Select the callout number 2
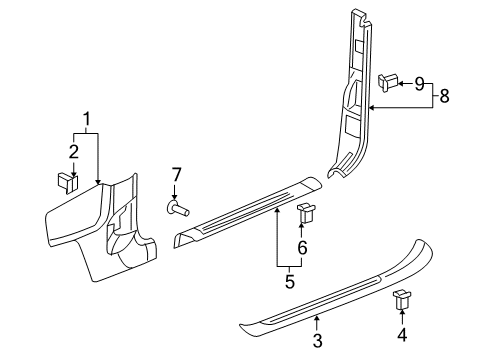(71, 151)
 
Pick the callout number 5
(289, 281)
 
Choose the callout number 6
(302, 246)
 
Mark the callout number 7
(177, 176)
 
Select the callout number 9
(419, 83)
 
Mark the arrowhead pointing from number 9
(401, 84)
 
